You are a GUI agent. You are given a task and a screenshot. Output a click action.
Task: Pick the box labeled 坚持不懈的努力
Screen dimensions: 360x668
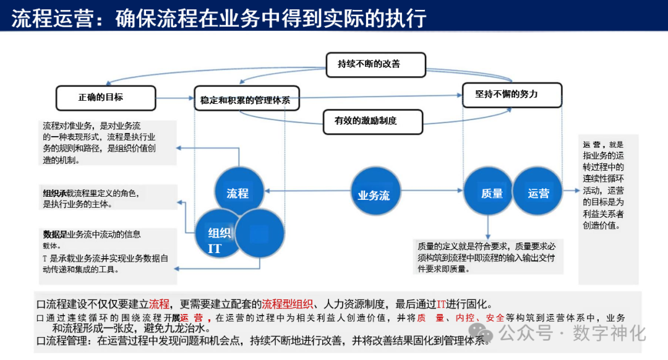tap(512, 95)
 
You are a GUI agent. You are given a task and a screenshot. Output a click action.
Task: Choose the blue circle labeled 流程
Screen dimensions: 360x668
tap(238, 193)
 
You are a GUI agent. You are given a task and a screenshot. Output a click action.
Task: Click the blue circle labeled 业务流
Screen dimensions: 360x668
tap(374, 195)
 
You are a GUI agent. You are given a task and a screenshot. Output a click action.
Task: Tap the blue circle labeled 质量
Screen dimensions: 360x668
tap(492, 193)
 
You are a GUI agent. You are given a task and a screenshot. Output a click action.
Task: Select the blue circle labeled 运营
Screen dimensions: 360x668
tap(538, 193)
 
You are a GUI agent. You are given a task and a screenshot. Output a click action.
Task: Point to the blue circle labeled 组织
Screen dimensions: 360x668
tap(219, 233)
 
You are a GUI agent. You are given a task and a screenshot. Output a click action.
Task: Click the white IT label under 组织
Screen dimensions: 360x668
tap(215, 249)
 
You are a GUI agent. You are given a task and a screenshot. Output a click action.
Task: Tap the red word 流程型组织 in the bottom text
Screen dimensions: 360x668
tap(288, 304)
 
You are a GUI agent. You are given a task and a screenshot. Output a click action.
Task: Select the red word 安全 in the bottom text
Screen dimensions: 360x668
tap(495, 318)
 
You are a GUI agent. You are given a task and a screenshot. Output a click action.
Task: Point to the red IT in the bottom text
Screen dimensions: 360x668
tap(442, 304)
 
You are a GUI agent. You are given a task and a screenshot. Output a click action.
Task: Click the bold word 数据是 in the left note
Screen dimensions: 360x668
tap(54, 234)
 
